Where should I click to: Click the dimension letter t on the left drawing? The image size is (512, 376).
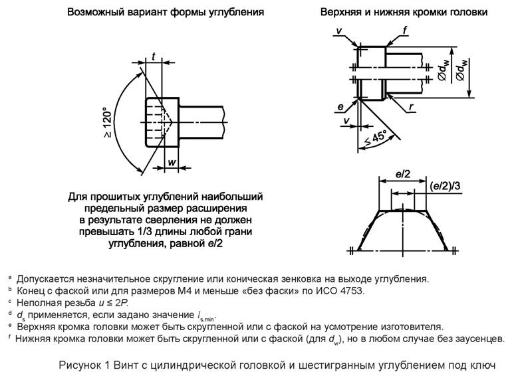point(153,57)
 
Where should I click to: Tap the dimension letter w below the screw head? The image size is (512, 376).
point(172,162)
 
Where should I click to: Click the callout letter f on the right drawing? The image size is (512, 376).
point(405,30)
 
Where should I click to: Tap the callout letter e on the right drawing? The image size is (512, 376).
point(340,106)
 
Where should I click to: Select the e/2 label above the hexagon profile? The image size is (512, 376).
point(402,173)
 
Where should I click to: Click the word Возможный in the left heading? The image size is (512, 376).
point(98,13)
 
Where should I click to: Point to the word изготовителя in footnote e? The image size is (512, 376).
point(412,327)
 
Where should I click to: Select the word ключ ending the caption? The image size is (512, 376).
point(483,365)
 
